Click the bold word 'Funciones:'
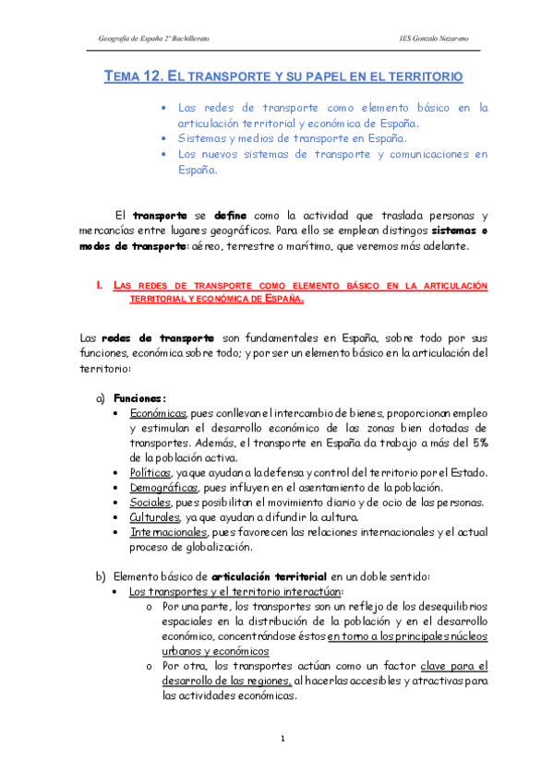[140, 398]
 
